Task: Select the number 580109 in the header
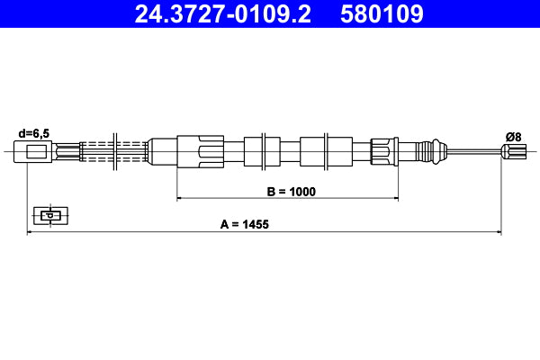[x=381, y=14]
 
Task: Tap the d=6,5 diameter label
[x=33, y=133]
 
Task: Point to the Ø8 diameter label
[x=513, y=136]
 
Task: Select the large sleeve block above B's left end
[x=200, y=150]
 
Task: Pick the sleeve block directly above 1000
[x=312, y=150]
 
